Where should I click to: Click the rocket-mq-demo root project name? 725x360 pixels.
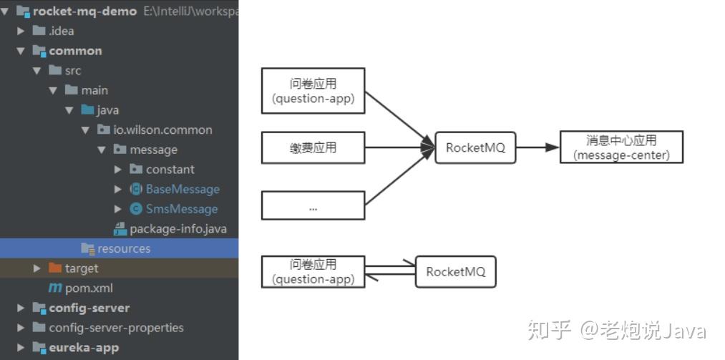84,11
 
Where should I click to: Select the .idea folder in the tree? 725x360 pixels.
61,31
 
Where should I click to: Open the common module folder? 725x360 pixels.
75,51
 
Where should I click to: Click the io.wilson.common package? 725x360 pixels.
162,130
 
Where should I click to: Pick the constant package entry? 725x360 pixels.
170,170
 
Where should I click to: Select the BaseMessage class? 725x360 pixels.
183,189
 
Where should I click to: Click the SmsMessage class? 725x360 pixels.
181,209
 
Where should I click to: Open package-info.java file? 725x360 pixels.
177,229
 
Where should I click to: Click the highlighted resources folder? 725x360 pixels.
123,248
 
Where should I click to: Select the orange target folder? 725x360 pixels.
81,268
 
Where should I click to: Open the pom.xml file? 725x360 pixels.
88,288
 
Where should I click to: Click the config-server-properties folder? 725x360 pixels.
116,328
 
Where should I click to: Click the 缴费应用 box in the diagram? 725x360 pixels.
313,147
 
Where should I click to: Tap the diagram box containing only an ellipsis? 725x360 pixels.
313,205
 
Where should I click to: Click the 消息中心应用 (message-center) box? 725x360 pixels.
621,147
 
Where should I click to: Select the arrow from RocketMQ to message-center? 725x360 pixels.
537,147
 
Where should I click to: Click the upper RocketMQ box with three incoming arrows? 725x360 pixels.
475,147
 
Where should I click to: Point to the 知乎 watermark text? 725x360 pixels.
550,331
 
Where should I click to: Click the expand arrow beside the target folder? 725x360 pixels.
37,268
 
